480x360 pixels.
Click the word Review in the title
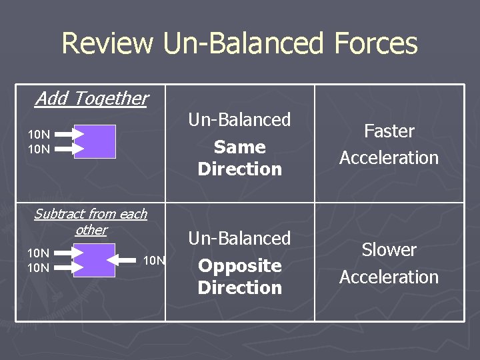tap(107, 44)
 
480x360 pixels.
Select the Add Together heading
tap(91, 99)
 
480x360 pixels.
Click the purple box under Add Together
tap(95, 141)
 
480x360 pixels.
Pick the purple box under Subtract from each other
tap(94, 260)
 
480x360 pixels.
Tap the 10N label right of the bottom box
tap(154, 260)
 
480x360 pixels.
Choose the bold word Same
tap(240, 147)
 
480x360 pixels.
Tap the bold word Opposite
tap(240, 265)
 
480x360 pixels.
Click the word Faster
tap(389, 131)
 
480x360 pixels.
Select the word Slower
tap(389, 250)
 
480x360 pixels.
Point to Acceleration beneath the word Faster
tap(389, 158)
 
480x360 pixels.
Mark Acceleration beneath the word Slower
tap(389, 277)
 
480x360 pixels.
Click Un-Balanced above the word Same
tap(240, 120)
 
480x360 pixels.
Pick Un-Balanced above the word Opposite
tap(240, 239)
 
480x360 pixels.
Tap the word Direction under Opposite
tap(240, 288)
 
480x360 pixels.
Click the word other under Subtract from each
tap(91, 230)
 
